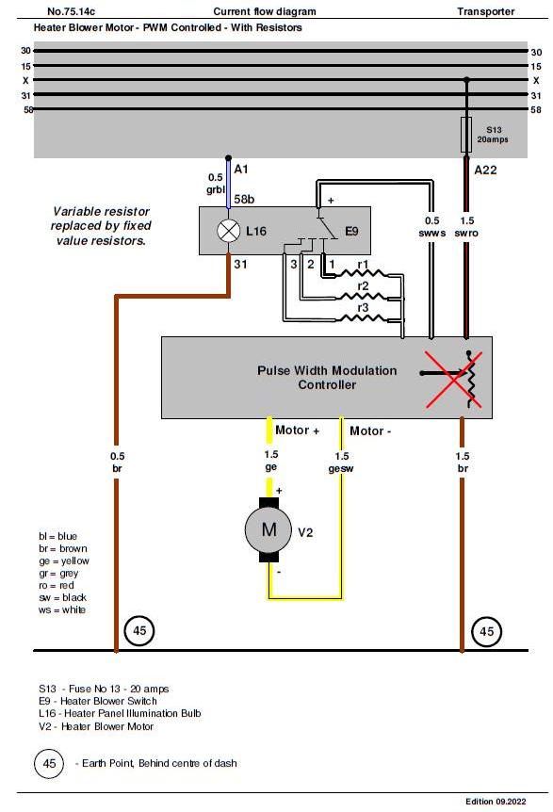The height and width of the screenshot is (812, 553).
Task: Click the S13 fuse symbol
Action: click(466, 135)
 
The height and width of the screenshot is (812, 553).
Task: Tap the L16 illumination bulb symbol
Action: click(228, 231)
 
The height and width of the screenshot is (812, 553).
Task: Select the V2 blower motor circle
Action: click(268, 529)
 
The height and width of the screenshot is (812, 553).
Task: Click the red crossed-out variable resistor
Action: click(453, 379)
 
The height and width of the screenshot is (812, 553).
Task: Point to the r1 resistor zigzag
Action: click(363, 274)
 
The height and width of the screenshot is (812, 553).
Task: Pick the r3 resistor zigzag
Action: click(363, 317)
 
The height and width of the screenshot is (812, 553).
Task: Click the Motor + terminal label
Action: click(297, 430)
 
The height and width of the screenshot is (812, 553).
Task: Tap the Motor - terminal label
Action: click(370, 430)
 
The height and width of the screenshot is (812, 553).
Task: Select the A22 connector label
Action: click(485, 170)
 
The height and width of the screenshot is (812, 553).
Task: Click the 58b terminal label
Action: click(244, 200)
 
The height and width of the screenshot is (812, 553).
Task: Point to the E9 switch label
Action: click(351, 231)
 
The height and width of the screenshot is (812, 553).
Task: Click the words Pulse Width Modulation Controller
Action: click(327, 378)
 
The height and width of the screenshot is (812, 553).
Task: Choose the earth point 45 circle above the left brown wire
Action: click(139, 631)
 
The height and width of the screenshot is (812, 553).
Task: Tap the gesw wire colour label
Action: click(341, 469)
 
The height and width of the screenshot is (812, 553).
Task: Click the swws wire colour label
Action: click(431, 233)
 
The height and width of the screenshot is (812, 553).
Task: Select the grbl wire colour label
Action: click(216, 190)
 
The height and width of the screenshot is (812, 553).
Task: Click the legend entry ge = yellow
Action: click(64, 560)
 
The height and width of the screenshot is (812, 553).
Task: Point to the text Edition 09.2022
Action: click(496, 801)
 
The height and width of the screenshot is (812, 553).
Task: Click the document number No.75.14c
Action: click(71, 11)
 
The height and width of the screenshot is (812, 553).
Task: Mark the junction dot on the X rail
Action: click(466, 80)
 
